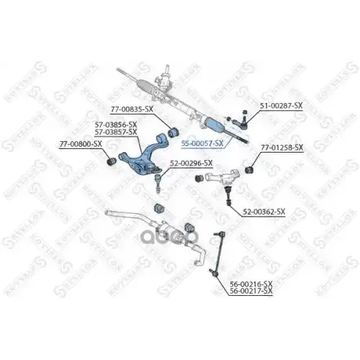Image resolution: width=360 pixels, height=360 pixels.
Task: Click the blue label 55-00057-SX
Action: pyautogui.click(x=202, y=143)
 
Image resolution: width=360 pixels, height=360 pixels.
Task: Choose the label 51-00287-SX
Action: pyautogui.click(x=282, y=106)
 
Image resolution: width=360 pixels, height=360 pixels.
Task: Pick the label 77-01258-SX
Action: pyautogui.click(x=282, y=148)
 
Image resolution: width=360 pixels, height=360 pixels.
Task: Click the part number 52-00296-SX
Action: pyautogui.click(x=191, y=163)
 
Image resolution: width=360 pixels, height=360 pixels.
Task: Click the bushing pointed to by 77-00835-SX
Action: pyautogui.click(x=173, y=132)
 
